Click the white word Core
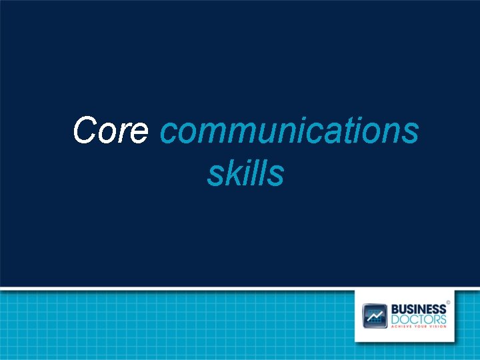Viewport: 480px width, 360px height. click(x=111, y=130)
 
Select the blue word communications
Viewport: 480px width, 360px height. click(x=289, y=131)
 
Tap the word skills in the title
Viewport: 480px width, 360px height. click(x=246, y=173)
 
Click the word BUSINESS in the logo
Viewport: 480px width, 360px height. click(x=419, y=309)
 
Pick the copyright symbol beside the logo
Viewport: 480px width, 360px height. click(x=448, y=302)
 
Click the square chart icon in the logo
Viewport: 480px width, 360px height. click(x=375, y=315)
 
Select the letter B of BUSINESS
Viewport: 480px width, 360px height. click(x=395, y=309)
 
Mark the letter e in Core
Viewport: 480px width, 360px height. click(x=139, y=133)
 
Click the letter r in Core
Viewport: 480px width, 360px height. click(x=125, y=133)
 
